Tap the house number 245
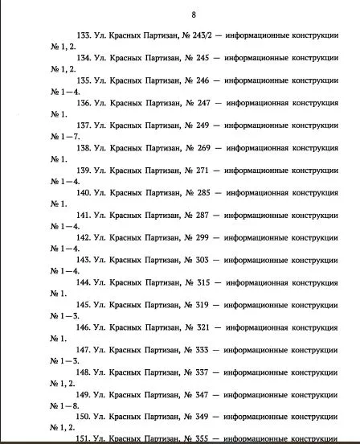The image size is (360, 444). pos(200,60)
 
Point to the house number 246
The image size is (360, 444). pos(200,81)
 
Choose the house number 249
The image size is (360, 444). pos(200,126)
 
